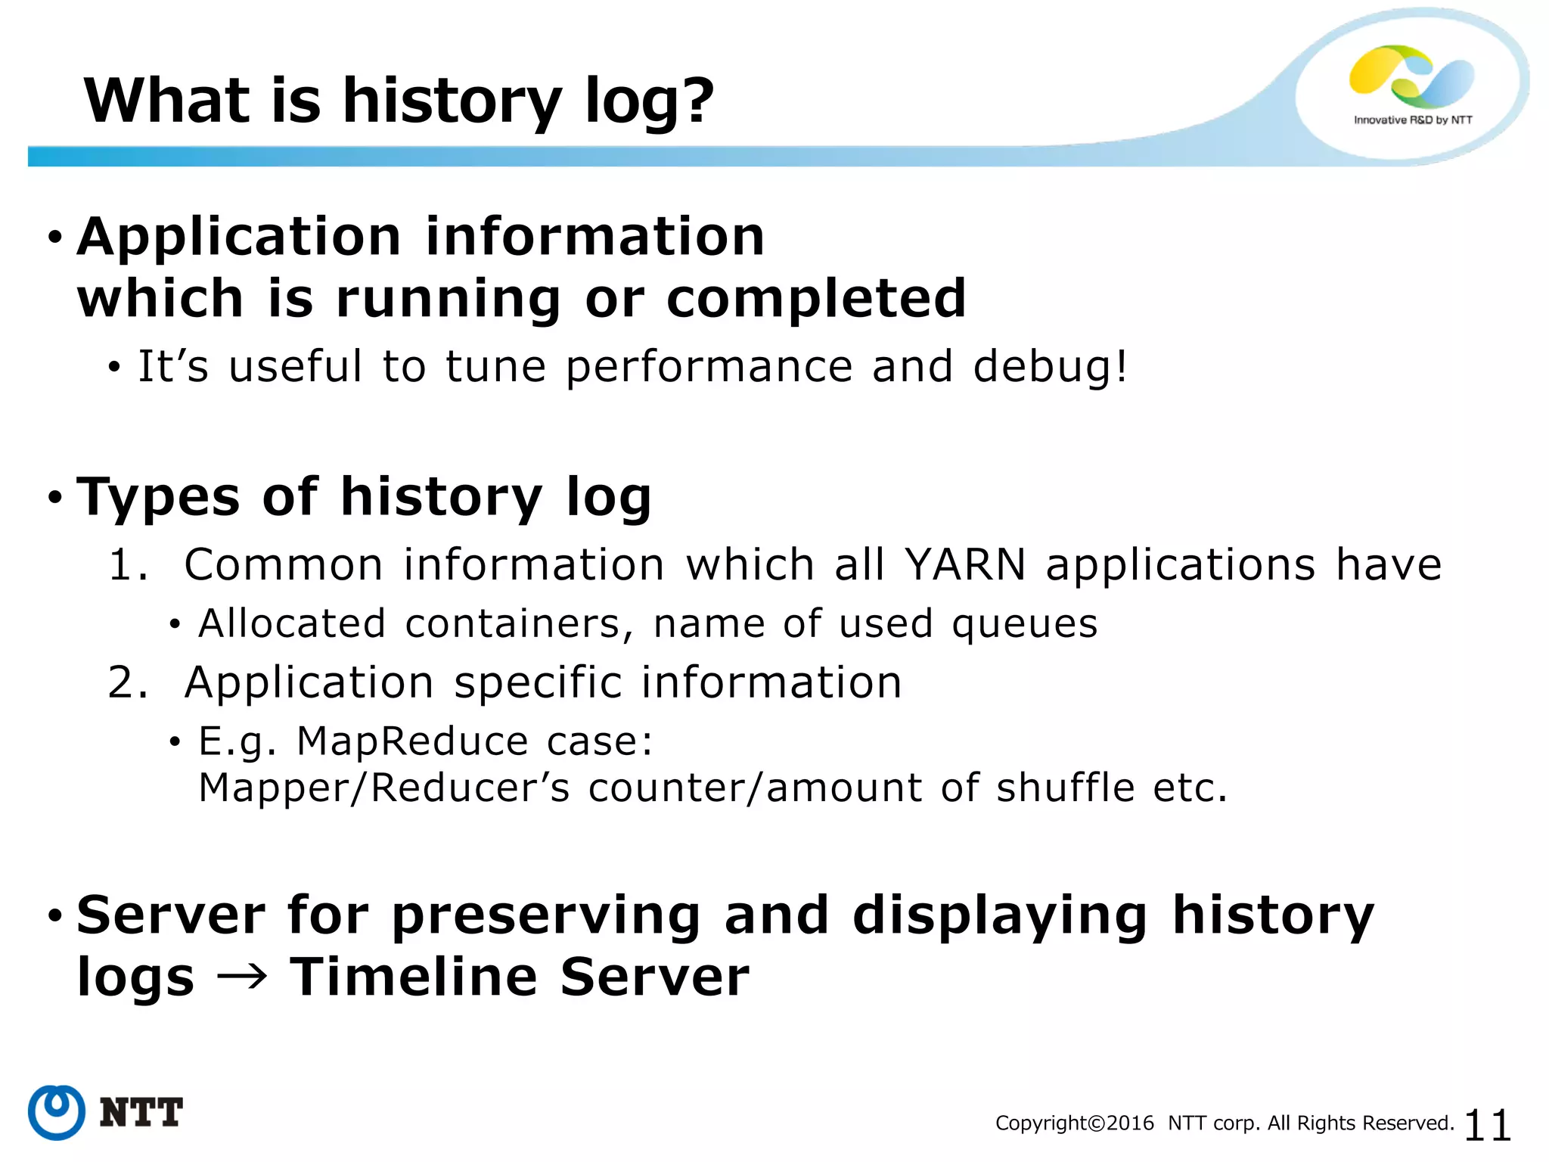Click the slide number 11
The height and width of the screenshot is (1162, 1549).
point(1487,1125)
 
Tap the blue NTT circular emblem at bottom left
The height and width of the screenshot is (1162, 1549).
point(57,1112)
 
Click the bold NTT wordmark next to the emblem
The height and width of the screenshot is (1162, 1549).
point(141,1113)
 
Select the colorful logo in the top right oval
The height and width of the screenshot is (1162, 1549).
point(1411,76)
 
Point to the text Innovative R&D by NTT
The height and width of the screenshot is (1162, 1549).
point(1413,120)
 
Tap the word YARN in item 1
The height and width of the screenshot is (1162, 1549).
point(966,564)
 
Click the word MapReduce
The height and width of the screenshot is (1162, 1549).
point(411,741)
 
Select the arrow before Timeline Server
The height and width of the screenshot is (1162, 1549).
point(242,977)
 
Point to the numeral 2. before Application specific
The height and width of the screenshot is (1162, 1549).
point(127,682)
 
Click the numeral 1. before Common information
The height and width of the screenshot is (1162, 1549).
point(127,565)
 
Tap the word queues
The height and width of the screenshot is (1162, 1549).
point(1024,625)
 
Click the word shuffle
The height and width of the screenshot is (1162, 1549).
point(1065,788)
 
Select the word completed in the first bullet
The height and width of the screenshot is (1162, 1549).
point(815,298)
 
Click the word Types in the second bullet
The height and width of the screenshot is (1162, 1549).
point(159,497)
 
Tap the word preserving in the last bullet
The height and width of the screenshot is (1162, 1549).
point(545,916)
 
